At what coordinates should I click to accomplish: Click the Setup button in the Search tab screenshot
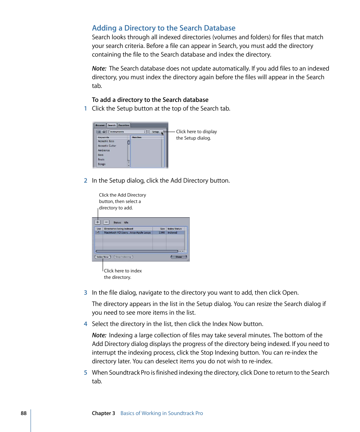click(155, 132)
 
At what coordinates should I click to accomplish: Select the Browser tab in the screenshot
click(100, 125)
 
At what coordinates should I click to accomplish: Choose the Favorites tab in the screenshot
click(123, 125)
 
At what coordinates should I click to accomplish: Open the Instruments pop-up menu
click(128, 132)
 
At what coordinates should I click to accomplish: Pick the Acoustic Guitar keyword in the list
click(107, 146)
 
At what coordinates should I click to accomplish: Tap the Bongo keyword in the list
click(102, 164)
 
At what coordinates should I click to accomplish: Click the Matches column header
click(137, 137)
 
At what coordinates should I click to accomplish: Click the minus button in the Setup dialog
click(106, 222)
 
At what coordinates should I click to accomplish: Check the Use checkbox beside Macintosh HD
click(98, 233)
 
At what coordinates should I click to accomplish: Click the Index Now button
click(102, 257)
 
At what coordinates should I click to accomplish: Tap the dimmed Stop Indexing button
click(123, 257)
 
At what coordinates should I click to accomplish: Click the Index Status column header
click(175, 229)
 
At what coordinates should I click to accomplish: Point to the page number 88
click(24, 413)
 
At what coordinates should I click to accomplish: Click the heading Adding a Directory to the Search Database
click(163, 28)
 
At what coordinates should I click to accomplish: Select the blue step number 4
click(85, 324)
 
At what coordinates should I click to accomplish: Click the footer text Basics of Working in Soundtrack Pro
click(162, 413)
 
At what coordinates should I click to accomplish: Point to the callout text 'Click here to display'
click(196, 132)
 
